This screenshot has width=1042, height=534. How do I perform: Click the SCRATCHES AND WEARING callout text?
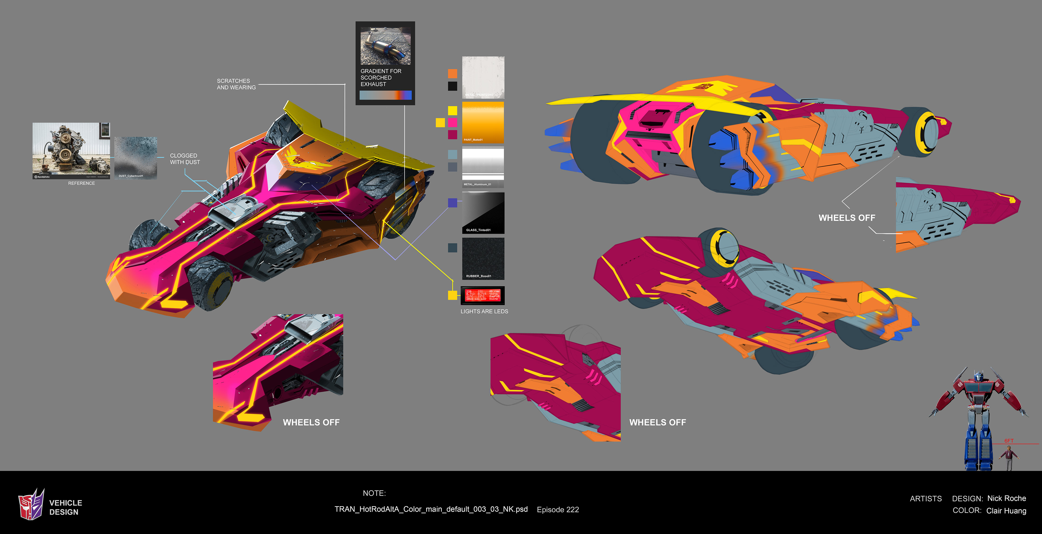236,84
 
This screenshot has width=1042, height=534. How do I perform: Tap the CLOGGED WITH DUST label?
185,159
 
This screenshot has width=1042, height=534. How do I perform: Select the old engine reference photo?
71,150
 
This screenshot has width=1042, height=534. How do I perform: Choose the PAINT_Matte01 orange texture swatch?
483,122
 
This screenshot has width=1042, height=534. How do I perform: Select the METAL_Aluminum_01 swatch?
483,167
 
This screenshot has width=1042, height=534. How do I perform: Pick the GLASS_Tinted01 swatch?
483,213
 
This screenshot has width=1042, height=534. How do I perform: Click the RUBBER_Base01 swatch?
483,258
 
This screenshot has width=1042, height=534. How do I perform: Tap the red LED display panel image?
482,295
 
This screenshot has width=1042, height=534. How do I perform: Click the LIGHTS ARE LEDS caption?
484,311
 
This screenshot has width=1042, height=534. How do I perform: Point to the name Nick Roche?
1006,498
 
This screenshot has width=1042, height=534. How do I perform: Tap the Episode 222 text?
558,510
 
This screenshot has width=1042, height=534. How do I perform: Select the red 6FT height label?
1009,441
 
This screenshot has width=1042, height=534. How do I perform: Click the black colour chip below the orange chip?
453,86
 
